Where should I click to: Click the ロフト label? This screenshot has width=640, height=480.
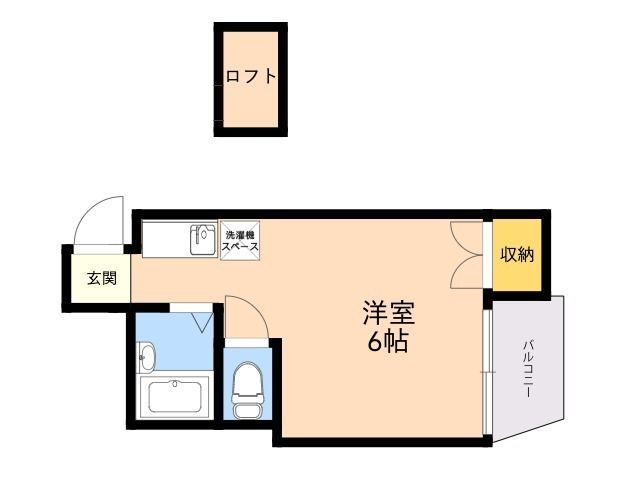click(250, 77)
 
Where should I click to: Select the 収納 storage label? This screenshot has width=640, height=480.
click(517, 255)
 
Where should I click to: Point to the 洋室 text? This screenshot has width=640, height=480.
click(387, 312)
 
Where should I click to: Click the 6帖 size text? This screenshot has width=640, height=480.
click(387, 342)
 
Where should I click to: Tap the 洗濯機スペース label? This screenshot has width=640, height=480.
click(240, 240)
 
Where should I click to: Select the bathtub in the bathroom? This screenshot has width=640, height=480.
click(176, 397)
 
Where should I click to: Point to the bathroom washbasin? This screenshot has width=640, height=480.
click(148, 355)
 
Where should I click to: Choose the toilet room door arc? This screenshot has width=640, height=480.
click(246, 318)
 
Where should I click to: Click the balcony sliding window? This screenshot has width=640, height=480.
click(487, 370)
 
